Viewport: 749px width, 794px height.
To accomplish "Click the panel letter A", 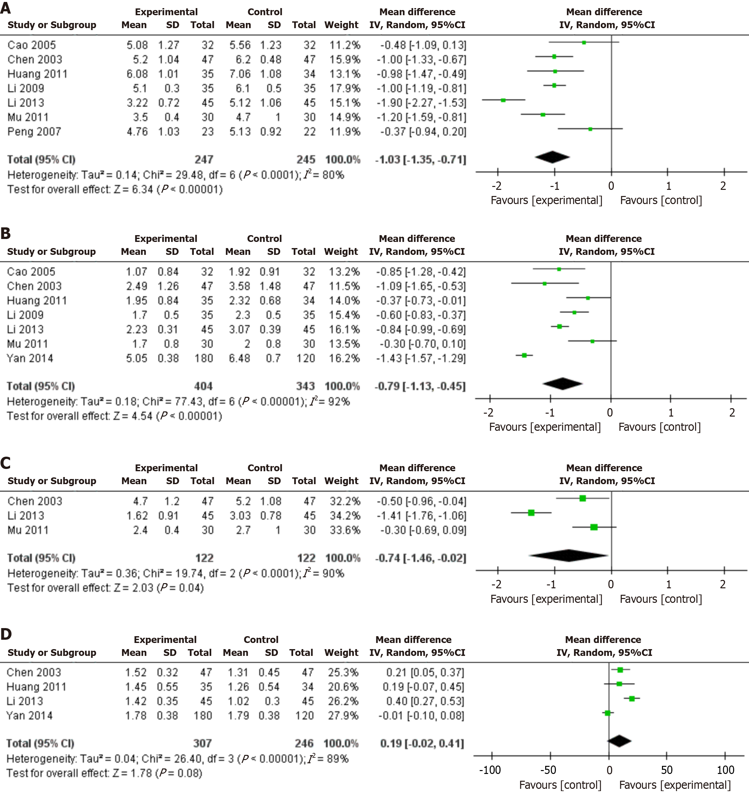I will tap(6, 8).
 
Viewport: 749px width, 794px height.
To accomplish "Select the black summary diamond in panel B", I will tap(562, 384).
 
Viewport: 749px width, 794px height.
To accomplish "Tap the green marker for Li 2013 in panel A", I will tap(503, 100).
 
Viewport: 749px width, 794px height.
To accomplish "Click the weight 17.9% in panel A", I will tap(345, 88).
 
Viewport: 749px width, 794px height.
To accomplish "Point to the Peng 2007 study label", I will tap(34, 132).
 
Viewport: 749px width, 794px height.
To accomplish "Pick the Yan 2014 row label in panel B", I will tap(30, 358).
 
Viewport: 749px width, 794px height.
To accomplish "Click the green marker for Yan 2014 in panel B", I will tap(524, 355).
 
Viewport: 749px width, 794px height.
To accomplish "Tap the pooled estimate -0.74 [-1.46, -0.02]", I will tap(421, 558).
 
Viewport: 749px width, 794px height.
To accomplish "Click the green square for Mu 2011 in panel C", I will tap(594, 527).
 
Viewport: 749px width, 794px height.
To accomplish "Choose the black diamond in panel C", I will tap(569, 556).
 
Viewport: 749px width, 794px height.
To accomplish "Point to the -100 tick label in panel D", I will tap(490, 770).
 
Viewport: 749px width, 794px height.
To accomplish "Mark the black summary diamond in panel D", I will tap(619, 741).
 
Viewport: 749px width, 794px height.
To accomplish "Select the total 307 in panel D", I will tap(203, 743).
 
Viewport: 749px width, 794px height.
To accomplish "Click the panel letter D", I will tap(6, 634).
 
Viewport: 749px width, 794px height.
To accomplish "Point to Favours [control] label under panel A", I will tap(661, 201).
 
